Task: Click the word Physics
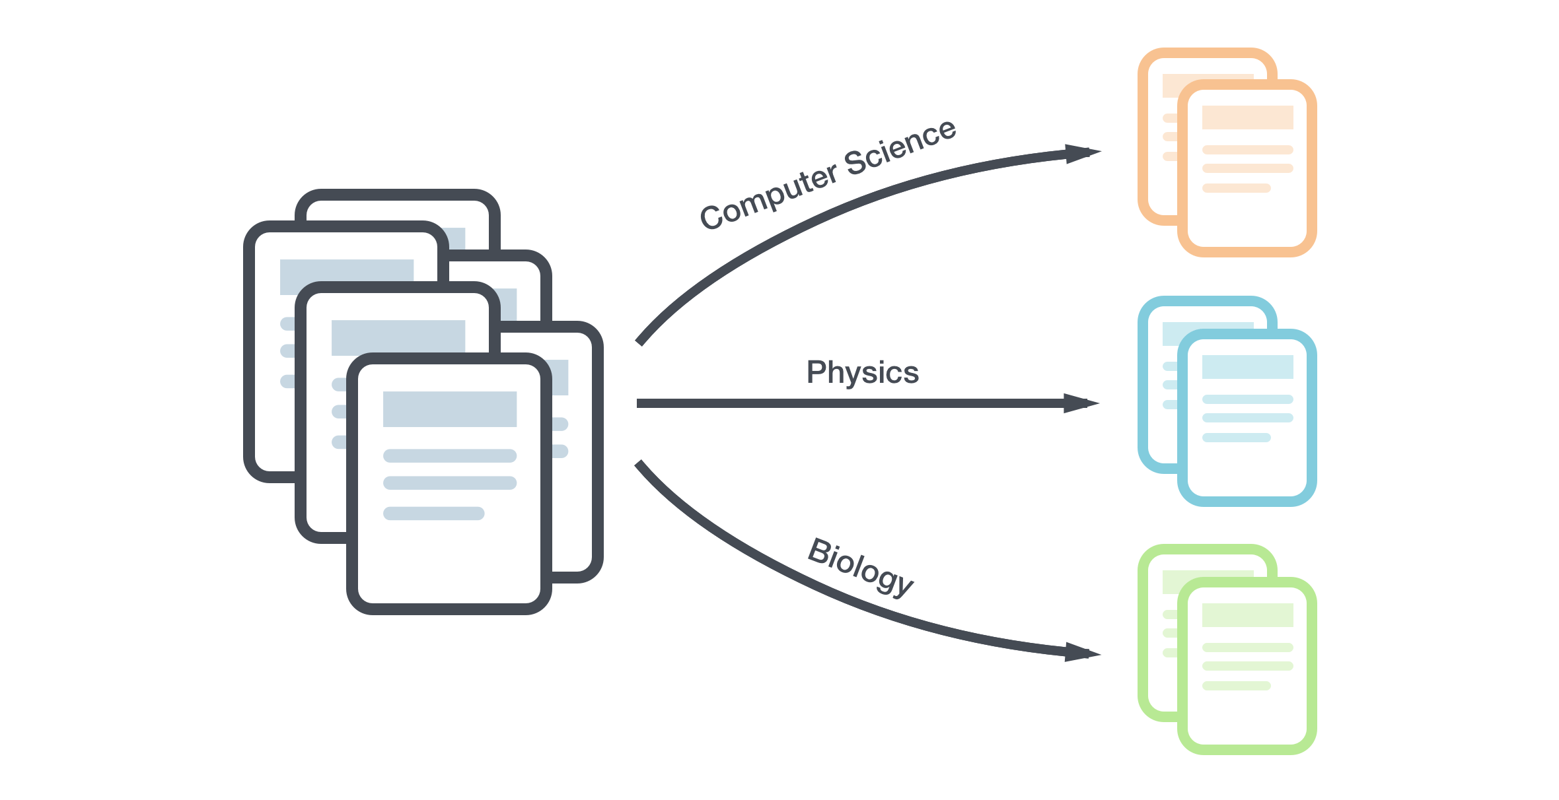click(x=862, y=373)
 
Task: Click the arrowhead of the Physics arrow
click(x=1082, y=403)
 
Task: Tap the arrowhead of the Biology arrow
click(x=1083, y=653)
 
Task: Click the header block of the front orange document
click(x=1247, y=117)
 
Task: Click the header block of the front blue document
click(x=1247, y=367)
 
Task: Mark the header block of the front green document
click(x=1247, y=615)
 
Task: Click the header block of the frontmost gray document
click(x=449, y=409)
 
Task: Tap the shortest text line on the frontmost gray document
click(x=433, y=514)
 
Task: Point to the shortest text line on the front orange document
click(x=1236, y=188)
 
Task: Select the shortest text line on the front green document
click(x=1236, y=686)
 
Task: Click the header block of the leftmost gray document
click(x=346, y=277)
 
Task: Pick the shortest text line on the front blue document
click(x=1236, y=438)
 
